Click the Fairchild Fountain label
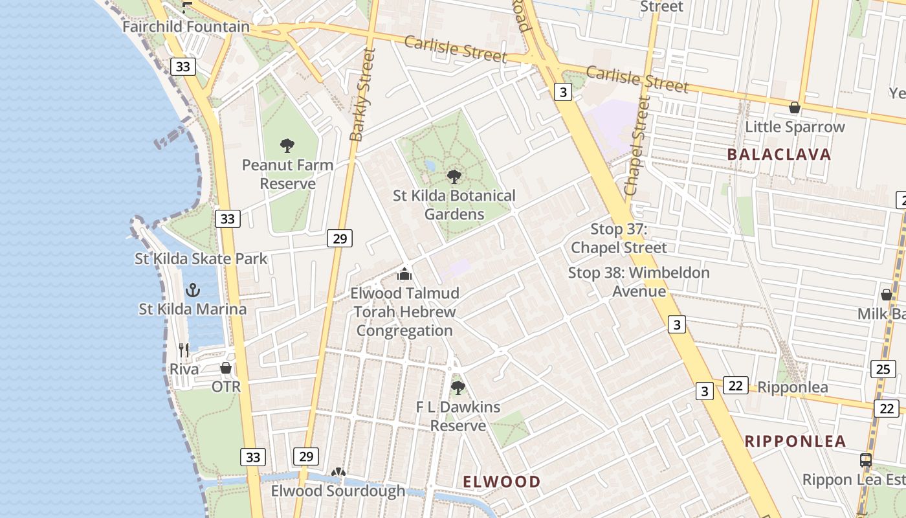pyautogui.click(x=186, y=27)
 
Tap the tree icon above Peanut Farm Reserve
pyautogui.click(x=287, y=146)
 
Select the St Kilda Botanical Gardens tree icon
pyautogui.click(x=454, y=176)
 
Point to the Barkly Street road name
pyautogui.click(x=362, y=95)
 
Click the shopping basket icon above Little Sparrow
pyautogui.click(x=794, y=107)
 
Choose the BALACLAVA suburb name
pyautogui.click(x=779, y=154)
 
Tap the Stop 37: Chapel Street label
pyautogui.click(x=619, y=238)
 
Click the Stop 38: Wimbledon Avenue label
pyautogui.click(x=639, y=282)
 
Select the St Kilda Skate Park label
pyautogui.click(x=201, y=259)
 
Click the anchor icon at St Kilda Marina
pyautogui.click(x=193, y=290)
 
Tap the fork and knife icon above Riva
pyautogui.click(x=184, y=350)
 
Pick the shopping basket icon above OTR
pyautogui.click(x=226, y=368)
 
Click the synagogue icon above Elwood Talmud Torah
pyautogui.click(x=404, y=274)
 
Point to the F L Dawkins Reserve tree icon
pyautogui.click(x=458, y=388)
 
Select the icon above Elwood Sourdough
pyautogui.click(x=338, y=473)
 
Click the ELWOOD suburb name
pyautogui.click(x=502, y=482)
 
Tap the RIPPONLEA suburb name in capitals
pyautogui.click(x=795, y=442)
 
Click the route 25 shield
pyautogui.click(x=883, y=369)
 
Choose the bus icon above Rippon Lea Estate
pyautogui.click(x=865, y=460)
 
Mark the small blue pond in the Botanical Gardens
pyautogui.click(x=430, y=166)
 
